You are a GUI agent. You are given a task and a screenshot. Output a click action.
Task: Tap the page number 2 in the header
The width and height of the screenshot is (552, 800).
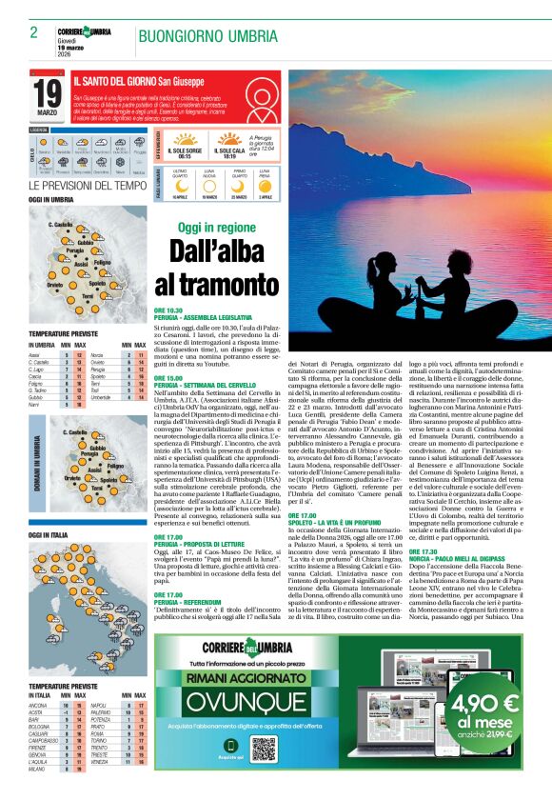coord(33,32)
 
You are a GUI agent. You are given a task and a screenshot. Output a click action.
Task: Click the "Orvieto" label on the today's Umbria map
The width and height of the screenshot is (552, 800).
coord(53,285)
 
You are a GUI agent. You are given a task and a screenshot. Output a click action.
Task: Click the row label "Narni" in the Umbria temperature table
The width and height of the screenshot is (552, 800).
coord(35,404)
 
